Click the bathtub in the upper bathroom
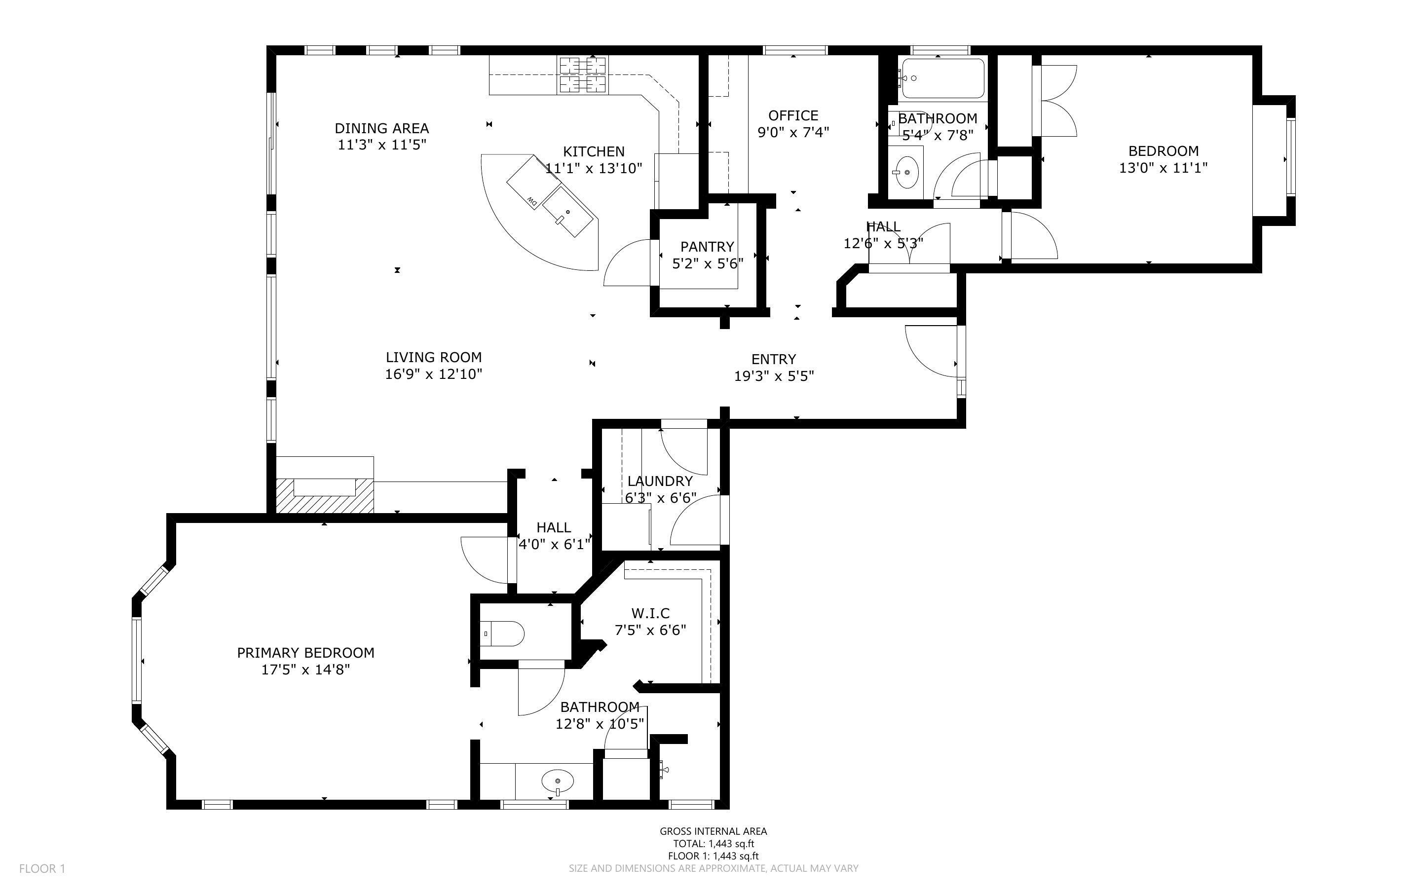click(942, 78)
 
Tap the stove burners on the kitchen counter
click(583, 75)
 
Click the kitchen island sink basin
click(566, 213)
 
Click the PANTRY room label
click(707, 247)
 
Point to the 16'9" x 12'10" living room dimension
click(434, 374)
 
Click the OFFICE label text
click(793, 115)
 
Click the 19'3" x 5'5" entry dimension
click(774, 376)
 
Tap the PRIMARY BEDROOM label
click(305, 653)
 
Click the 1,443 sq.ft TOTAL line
click(713, 844)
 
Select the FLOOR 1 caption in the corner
click(42, 868)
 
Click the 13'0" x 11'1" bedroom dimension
click(1163, 168)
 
